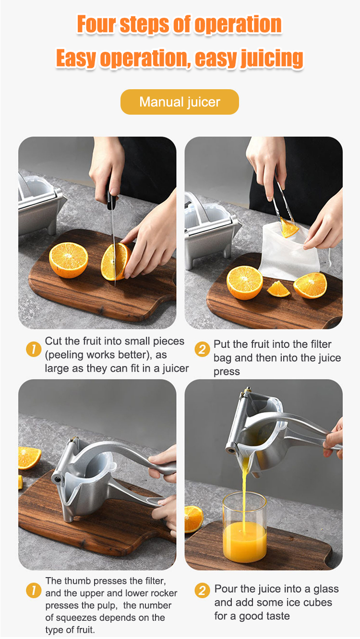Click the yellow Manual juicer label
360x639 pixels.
click(x=180, y=102)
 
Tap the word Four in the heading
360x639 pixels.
click(x=96, y=24)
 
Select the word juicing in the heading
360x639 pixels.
click(x=272, y=59)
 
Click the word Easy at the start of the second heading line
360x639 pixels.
click(x=76, y=58)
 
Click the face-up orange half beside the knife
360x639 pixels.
click(x=69, y=260)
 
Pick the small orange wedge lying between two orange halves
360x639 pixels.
click(x=278, y=289)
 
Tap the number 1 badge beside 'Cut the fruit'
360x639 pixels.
click(x=34, y=349)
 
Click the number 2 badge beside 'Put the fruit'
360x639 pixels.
click(x=202, y=349)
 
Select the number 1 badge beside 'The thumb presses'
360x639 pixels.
click(x=34, y=590)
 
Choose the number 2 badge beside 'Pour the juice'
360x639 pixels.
click(x=202, y=590)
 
